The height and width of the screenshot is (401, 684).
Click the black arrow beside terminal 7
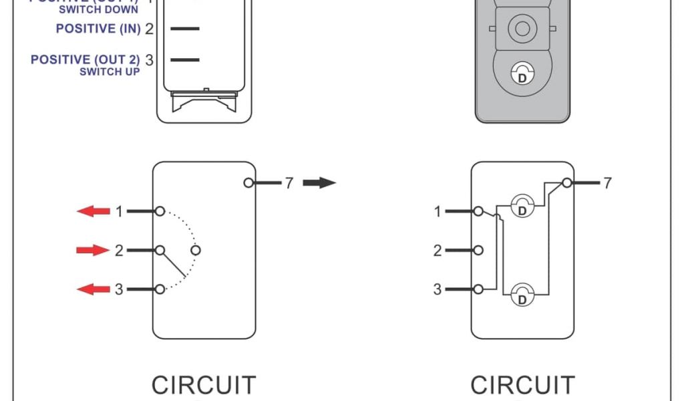[x=319, y=183]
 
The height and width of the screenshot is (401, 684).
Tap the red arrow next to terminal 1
[x=94, y=212]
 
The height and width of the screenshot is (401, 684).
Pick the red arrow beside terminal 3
[x=94, y=289]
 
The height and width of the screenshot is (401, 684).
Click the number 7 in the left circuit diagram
[x=289, y=183]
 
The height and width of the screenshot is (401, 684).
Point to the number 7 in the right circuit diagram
[x=607, y=182]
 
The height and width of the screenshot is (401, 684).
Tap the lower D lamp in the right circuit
[x=522, y=294]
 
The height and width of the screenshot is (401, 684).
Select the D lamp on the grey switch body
[x=522, y=74]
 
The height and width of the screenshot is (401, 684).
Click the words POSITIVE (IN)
[x=98, y=29]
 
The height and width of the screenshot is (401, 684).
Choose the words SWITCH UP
[x=110, y=72]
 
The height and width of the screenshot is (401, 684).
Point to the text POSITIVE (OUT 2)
[x=85, y=59]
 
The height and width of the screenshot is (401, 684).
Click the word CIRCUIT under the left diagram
[x=204, y=386]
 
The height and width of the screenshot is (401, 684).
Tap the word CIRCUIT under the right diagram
[x=522, y=386]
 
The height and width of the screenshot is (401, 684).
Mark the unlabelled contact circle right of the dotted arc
[x=195, y=251]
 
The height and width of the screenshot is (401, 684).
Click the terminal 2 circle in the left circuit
[x=160, y=251]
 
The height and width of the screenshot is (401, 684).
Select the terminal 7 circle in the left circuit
[x=248, y=183]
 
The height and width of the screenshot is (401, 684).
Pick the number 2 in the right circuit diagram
[x=438, y=251]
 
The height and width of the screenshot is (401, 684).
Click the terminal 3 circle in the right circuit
[x=478, y=289]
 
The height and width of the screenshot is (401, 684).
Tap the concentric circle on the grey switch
[x=522, y=29]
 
